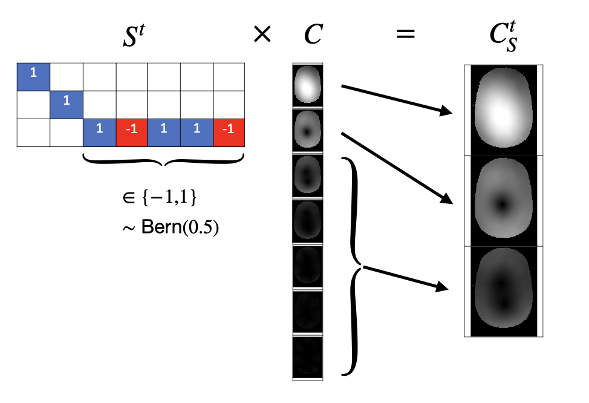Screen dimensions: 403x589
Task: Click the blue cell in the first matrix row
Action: (x=33, y=75)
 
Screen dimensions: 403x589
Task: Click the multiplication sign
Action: (x=262, y=36)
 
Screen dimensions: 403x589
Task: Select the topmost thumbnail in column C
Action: (x=308, y=85)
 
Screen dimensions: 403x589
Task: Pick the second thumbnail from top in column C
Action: (x=308, y=130)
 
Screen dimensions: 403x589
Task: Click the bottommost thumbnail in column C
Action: (x=308, y=357)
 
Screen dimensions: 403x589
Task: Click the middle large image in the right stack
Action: (x=503, y=200)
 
